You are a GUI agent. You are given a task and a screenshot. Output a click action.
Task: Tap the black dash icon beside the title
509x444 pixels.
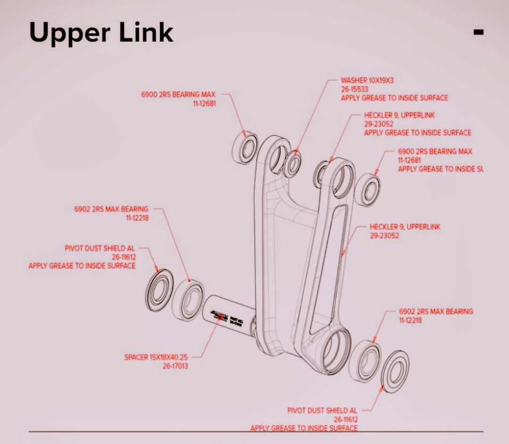click(478, 32)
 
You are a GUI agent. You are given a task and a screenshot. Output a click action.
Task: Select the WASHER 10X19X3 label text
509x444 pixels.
click(367, 81)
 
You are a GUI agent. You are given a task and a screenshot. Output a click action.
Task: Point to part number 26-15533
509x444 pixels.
click(354, 89)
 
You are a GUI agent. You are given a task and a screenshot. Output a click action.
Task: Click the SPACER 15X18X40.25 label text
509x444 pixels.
click(156, 357)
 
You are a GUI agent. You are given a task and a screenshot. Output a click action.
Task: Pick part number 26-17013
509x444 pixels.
click(175, 366)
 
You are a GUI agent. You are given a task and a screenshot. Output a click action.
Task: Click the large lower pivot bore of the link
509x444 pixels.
click(336, 350)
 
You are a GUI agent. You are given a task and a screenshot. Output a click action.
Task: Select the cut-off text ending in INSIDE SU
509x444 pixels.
click(440, 169)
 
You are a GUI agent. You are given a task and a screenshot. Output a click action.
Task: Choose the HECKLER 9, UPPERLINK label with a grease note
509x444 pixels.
click(399, 115)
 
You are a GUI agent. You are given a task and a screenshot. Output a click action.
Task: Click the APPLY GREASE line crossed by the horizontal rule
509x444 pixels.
click(304, 428)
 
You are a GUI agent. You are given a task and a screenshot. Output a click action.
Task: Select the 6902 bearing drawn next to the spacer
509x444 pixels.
click(188, 300)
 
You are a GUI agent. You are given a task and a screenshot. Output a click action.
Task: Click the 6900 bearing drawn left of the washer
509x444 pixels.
click(246, 148)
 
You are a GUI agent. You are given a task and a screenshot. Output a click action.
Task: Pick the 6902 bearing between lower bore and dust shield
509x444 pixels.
click(367, 362)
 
